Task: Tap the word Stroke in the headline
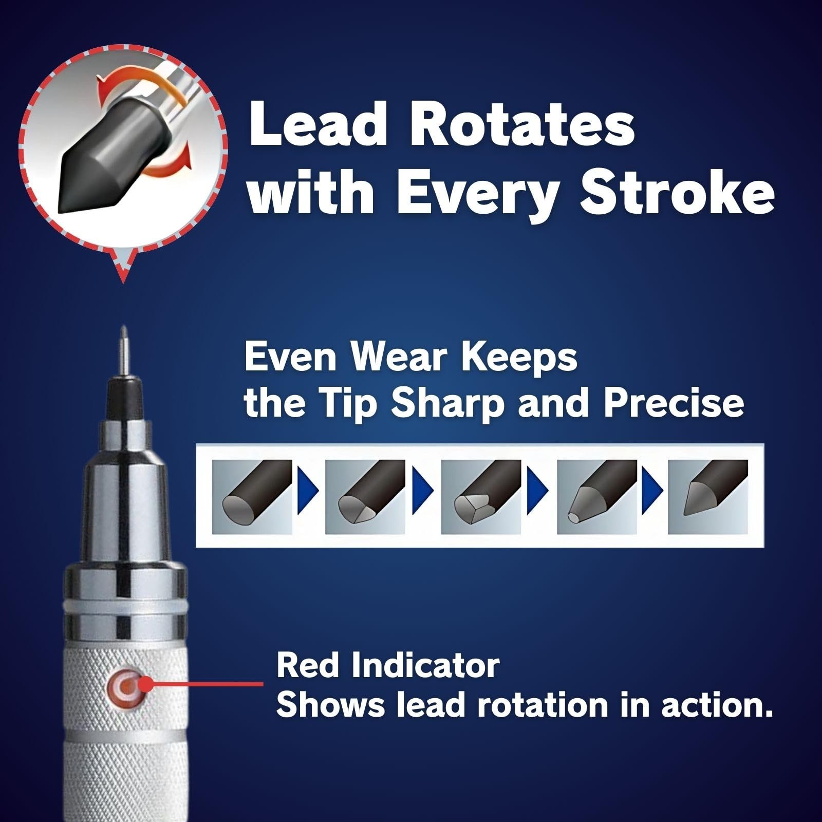coord(677,192)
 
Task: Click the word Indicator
coord(425,666)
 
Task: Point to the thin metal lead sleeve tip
coord(123,349)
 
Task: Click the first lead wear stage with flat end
coord(252,496)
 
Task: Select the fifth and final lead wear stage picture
coord(708,496)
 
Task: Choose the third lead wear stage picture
coord(481,496)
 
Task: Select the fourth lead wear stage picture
coord(597,496)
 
